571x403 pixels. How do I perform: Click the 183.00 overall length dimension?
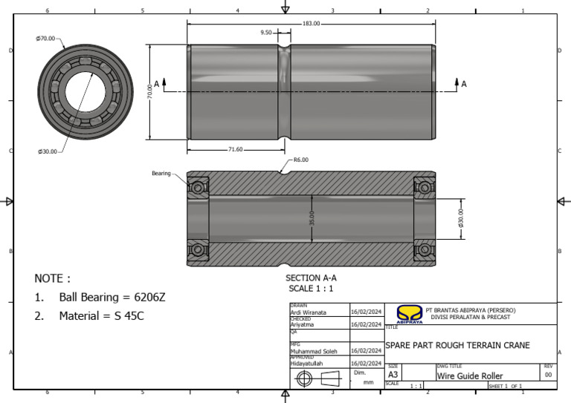(x=311, y=24)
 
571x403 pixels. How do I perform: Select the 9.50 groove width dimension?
(x=266, y=33)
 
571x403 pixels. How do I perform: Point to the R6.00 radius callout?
(x=300, y=160)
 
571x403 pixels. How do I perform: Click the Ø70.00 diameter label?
(x=45, y=38)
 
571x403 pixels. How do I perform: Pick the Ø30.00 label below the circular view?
(x=48, y=151)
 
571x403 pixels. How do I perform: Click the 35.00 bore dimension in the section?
(x=312, y=218)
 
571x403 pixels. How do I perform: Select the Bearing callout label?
(x=161, y=173)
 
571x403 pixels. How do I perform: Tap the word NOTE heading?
(x=52, y=278)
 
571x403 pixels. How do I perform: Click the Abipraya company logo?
(x=409, y=314)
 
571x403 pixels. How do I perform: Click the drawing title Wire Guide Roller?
(x=470, y=376)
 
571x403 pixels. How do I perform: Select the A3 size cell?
(x=393, y=376)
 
